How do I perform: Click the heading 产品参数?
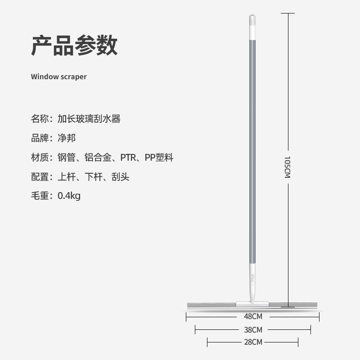[74, 45]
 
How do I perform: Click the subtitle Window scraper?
[58, 76]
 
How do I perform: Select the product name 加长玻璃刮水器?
[89, 119]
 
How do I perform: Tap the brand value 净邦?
[67, 138]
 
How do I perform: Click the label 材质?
[40, 157]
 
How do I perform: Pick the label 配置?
[40, 177]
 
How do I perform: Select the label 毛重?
[40, 196]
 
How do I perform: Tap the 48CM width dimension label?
[252, 316]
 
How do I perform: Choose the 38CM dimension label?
[252, 330]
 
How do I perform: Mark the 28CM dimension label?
[252, 342]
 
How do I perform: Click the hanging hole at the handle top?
[252, 18]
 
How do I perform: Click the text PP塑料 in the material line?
[159, 157]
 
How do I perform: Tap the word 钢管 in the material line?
[67, 157]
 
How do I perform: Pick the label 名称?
[40, 119]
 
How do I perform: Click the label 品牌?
[40, 138]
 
